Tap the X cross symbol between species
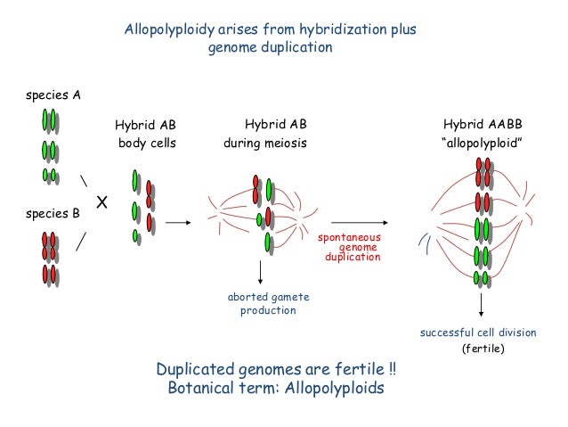pyautogui.click(x=101, y=204)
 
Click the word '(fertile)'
pyautogui.click(x=482, y=349)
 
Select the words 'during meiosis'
pyautogui.click(x=264, y=143)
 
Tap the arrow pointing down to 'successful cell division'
pyautogui.click(x=482, y=306)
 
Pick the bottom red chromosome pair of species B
pyautogui.click(x=49, y=274)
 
